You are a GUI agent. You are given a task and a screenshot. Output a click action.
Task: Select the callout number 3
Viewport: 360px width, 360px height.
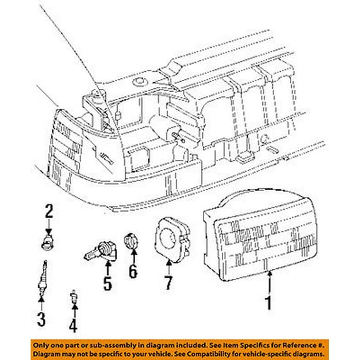pos(41,319)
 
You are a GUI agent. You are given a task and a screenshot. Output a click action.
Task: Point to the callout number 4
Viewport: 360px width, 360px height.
pos(73,325)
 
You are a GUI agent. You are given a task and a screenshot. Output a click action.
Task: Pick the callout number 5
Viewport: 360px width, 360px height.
pos(107,284)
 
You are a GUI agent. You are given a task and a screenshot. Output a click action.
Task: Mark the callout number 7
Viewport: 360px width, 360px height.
pos(168,284)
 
